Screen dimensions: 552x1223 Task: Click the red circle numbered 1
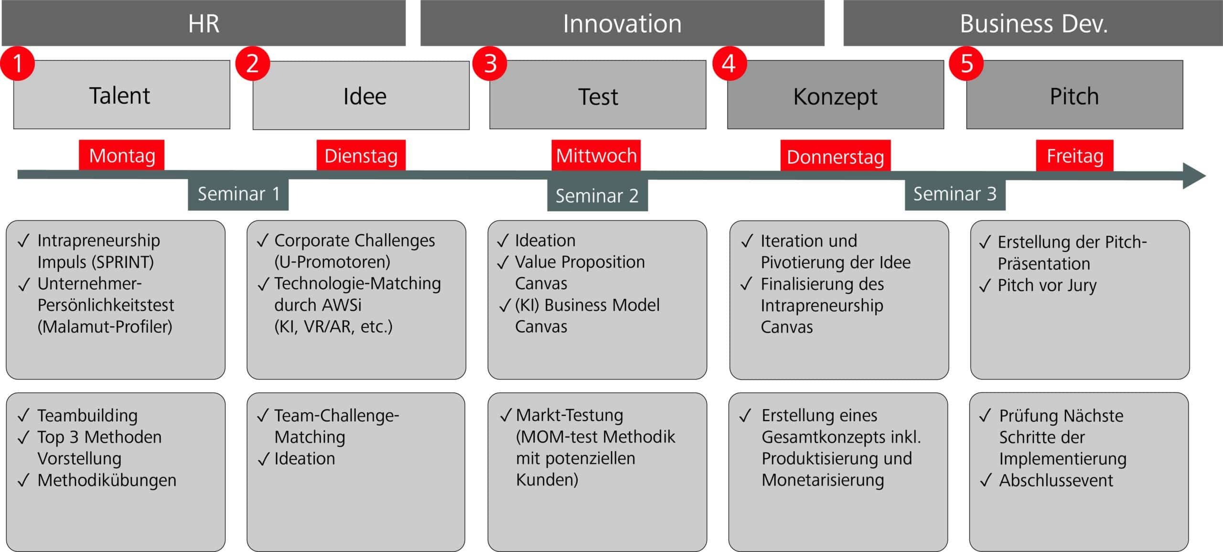[18, 63]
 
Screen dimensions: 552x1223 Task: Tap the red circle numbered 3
[490, 63]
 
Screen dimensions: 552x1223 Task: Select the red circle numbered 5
[966, 63]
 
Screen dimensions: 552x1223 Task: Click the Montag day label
[122, 155]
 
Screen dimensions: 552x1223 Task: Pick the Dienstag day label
[361, 155]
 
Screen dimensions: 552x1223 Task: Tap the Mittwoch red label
[596, 155]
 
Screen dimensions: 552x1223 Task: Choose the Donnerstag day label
[835, 156]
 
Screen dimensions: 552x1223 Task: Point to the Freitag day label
[1074, 156]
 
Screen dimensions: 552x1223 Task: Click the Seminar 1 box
[238, 194]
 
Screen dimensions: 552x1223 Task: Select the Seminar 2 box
[597, 195]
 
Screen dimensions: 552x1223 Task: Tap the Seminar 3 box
[955, 194]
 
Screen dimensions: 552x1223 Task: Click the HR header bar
[204, 23]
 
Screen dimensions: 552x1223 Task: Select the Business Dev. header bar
[1033, 23]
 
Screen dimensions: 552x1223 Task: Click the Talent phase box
[121, 95]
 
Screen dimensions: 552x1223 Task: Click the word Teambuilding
[87, 415]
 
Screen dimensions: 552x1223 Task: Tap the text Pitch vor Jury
[1047, 285]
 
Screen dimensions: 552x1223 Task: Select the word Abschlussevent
[1056, 480]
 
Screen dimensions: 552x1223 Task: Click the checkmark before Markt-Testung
[505, 416]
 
